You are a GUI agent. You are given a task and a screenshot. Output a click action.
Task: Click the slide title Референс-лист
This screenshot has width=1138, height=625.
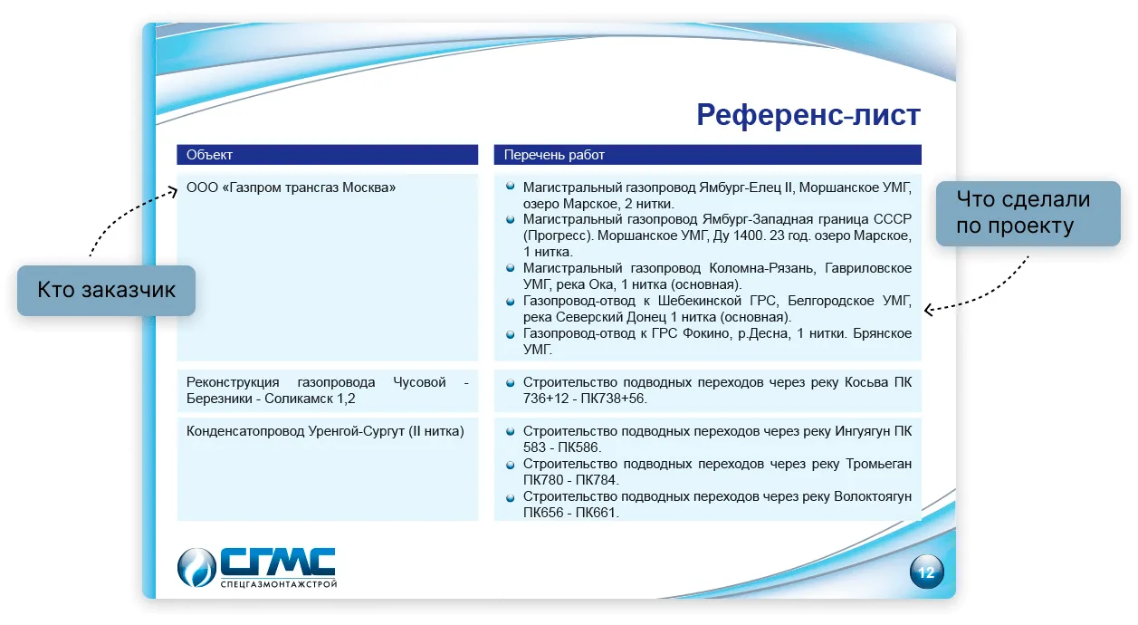click(x=808, y=115)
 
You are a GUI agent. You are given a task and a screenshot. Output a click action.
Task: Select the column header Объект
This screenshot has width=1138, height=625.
click(x=209, y=155)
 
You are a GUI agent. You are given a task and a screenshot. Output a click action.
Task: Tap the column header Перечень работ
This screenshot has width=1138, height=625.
click(x=554, y=155)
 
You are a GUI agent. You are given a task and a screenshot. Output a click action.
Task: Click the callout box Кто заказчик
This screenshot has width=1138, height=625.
click(x=106, y=290)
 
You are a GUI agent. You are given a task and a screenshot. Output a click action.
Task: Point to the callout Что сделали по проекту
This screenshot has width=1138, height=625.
click(x=1028, y=214)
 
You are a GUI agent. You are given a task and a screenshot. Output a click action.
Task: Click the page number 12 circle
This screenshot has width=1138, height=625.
click(x=926, y=572)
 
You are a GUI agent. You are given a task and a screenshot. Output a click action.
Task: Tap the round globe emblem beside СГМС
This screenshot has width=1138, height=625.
click(x=196, y=567)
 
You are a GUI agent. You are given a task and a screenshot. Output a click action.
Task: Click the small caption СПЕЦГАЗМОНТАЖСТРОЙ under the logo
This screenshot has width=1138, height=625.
click(x=279, y=584)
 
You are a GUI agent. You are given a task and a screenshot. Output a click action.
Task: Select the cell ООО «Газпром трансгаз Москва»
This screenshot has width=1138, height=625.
click(x=291, y=187)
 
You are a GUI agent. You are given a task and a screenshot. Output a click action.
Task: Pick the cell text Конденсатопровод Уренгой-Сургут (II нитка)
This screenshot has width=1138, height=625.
click(x=325, y=431)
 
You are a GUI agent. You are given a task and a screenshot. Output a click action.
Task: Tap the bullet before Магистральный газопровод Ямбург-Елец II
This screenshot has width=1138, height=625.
click(x=510, y=186)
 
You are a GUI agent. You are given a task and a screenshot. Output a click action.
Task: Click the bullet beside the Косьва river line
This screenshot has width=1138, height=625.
click(x=510, y=383)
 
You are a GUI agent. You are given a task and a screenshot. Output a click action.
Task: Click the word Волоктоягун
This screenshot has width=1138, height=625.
click(x=873, y=496)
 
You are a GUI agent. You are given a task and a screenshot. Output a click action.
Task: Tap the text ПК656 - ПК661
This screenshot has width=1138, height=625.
click(x=569, y=513)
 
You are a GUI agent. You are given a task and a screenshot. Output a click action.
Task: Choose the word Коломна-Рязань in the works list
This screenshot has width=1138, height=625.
click(x=761, y=268)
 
